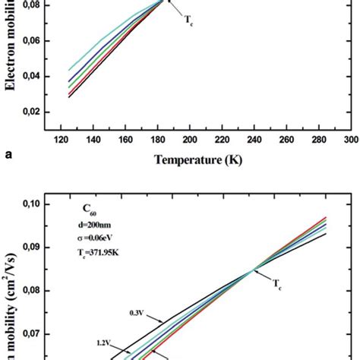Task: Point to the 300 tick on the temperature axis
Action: tap(350, 141)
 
